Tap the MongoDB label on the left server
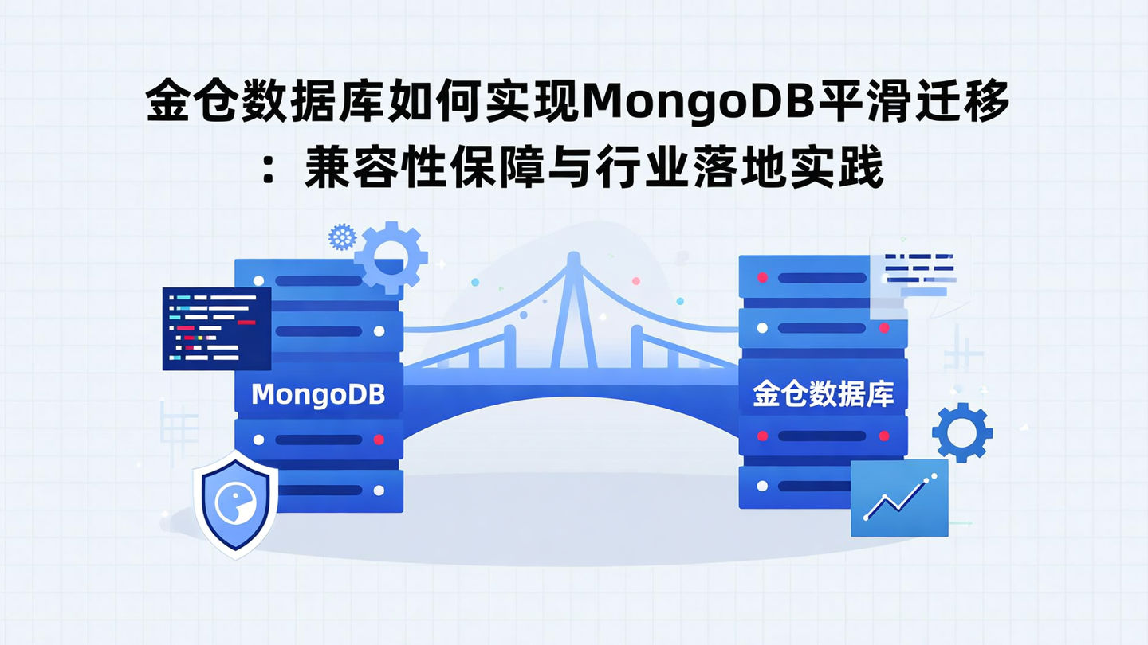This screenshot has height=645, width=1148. pyautogui.click(x=318, y=394)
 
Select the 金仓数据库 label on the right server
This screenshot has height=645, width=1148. pyautogui.click(x=823, y=394)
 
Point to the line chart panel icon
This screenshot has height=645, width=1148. pyautogui.click(x=899, y=498)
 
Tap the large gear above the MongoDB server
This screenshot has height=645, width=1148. pyautogui.click(x=390, y=257)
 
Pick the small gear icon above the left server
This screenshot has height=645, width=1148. pyautogui.click(x=341, y=236)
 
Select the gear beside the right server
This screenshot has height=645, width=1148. pyautogui.click(x=962, y=432)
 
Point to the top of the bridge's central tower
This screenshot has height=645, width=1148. pyautogui.click(x=573, y=260)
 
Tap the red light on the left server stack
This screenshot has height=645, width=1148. pyautogui.click(x=379, y=439)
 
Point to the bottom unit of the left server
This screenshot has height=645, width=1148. pyautogui.click(x=319, y=491)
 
